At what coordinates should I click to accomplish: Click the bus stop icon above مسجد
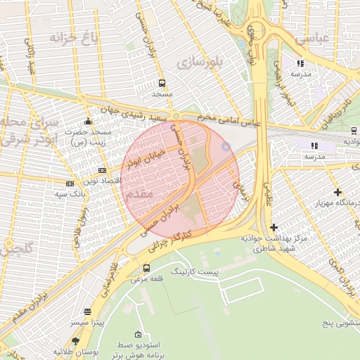162,83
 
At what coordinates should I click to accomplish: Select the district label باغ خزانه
72,37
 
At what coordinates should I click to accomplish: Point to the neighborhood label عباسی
312,39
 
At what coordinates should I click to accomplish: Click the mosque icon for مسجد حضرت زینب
87,122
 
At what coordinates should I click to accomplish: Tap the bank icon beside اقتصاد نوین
103,170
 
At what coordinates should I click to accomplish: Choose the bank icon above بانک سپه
69,184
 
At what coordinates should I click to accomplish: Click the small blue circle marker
226,146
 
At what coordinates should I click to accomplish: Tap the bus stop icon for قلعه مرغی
146,268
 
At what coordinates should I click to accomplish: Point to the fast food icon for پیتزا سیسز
87,311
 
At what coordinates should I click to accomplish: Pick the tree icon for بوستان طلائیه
75,341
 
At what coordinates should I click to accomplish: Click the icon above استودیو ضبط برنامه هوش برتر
138,334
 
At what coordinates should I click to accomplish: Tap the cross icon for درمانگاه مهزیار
338,191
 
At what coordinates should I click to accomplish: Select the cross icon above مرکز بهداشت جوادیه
274,227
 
